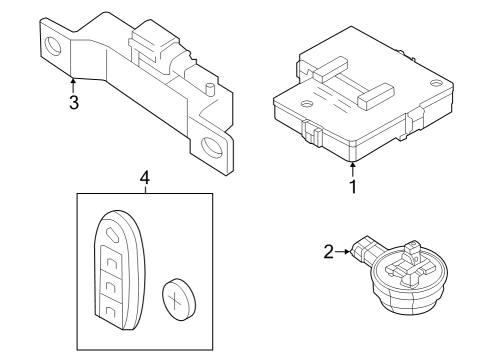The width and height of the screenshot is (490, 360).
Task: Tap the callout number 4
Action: point(145,177)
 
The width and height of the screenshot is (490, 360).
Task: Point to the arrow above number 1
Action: point(353,166)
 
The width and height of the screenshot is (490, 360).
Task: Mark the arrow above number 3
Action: point(72,82)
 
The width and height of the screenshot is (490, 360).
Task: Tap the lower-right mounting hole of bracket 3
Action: point(210,152)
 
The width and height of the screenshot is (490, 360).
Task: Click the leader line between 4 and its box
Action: point(145,190)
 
